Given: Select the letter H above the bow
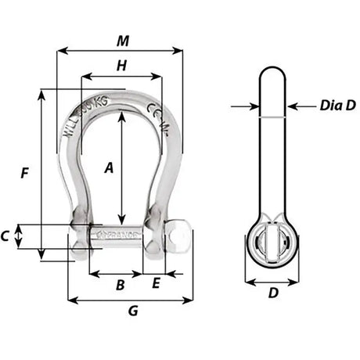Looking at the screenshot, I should (x=121, y=67).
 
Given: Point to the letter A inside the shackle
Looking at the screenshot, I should (x=109, y=167).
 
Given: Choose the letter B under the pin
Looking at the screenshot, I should (x=120, y=286).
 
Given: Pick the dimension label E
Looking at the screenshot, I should (x=156, y=284).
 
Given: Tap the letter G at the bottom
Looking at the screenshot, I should (x=132, y=311).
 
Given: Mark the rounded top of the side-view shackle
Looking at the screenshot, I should (x=274, y=74).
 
